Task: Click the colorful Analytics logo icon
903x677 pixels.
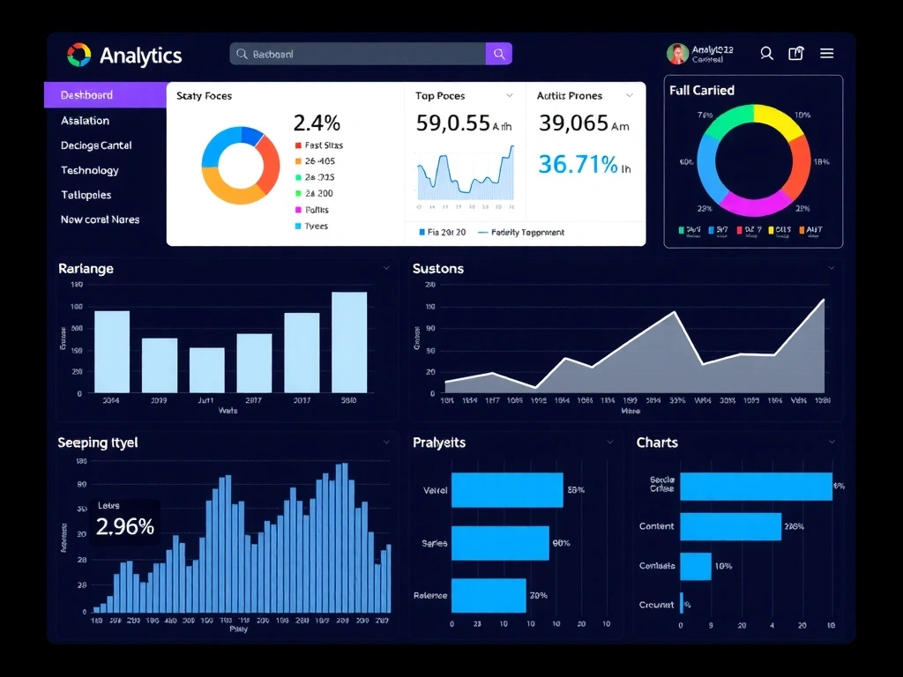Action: [78, 55]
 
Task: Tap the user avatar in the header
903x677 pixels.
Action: [677, 54]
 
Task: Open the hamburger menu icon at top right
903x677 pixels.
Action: [827, 54]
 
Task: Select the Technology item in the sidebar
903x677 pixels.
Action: [89, 170]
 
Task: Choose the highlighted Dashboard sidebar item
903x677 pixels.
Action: [86, 95]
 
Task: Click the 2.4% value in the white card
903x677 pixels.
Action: [317, 123]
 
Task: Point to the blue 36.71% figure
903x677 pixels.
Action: [578, 164]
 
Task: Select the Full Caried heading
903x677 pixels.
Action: [701, 90]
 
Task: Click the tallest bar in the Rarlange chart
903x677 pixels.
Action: [349, 342]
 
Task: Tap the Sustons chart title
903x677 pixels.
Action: [437, 268]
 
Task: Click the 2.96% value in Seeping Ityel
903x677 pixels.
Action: [125, 527]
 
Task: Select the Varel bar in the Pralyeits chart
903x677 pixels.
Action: [507, 490]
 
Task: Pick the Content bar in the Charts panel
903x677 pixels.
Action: [730, 526]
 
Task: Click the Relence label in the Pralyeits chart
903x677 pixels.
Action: [430, 596]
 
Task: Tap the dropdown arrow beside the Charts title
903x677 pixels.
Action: [832, 442]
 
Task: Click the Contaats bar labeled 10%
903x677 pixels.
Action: [695, 566]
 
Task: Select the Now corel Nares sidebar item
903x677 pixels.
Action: [100, 219]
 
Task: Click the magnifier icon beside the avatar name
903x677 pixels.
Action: [766, 54]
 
